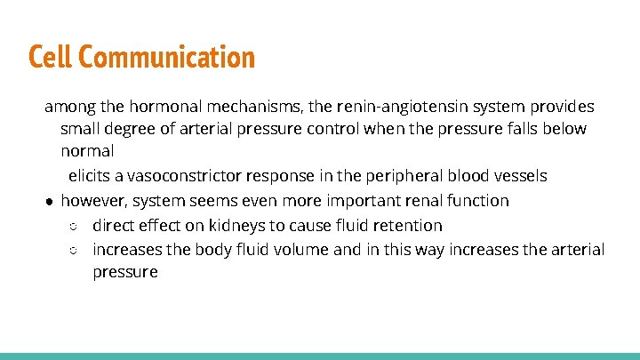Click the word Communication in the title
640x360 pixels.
coord(168,58)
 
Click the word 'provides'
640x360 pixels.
coord(564,108)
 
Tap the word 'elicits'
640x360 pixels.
coord(91,176)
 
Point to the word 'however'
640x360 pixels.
coord(93,201)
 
